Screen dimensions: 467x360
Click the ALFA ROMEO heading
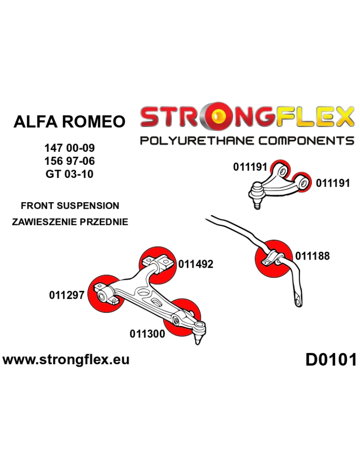(70, 122)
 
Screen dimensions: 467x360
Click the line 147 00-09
(70, 149)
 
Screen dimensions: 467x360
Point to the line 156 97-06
(70, 162)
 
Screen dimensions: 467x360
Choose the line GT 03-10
(70, 174)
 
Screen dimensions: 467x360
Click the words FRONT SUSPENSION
(70, 205)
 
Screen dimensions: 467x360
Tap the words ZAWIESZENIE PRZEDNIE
(70, 222)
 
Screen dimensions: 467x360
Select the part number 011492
(196, 264)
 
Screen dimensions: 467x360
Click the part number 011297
(66, 295)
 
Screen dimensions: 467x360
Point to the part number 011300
(147, 334)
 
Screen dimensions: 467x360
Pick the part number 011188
(312, 256)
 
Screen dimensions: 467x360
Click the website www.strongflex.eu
(66, 360)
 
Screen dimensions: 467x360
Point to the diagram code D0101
(331, 360)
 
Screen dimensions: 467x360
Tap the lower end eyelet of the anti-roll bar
(297, 301)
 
